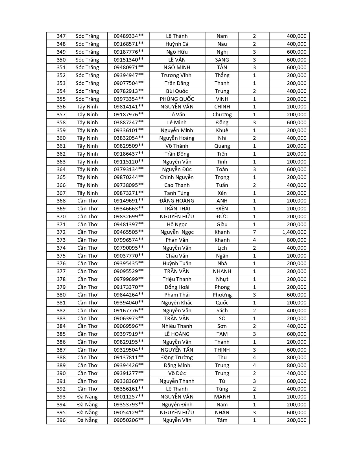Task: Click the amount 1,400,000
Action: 294,232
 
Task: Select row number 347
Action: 61,36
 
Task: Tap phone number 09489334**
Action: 128,36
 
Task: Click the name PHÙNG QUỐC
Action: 177,99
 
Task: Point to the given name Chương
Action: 222,115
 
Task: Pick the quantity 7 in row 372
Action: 254,232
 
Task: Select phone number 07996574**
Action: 128,240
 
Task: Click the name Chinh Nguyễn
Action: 177,177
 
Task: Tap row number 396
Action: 61,420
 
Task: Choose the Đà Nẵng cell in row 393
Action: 87,397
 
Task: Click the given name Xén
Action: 222,193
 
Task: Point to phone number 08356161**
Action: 128,389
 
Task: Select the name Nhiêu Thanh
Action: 177,326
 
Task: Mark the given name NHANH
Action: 222,271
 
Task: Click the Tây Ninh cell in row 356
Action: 87,107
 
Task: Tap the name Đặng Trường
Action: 177,358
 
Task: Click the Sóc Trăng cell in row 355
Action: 87,99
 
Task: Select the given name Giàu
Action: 222,225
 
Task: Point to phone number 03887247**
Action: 128,123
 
